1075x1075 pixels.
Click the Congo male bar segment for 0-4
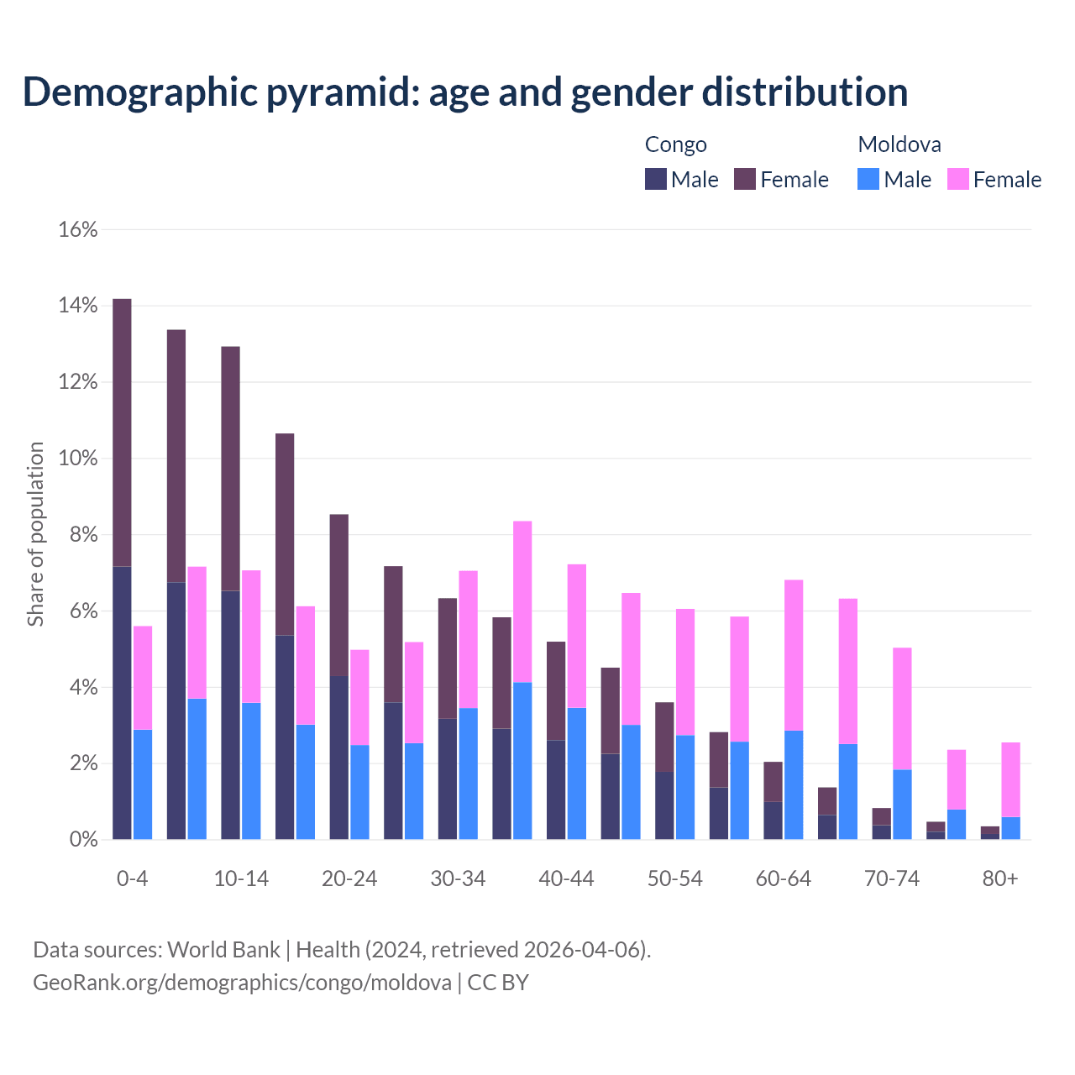click(x=122, y=703)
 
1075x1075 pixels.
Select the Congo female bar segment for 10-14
click(x=230, y=469)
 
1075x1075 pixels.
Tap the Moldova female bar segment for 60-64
click(x=794, y=655)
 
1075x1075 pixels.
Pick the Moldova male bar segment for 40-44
click(x=577, y=773)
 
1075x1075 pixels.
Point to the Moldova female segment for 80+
click(x=1010, y=779)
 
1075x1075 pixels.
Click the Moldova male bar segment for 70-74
click(x=902, y=805)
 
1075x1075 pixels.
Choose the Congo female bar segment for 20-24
click(x=338, y=595)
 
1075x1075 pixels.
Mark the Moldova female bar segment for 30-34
click(x=469, y=639)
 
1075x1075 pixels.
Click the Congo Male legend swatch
click(x=655, y=179)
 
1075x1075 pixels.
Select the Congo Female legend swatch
click(x=745, y=179)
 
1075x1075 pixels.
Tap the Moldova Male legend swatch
click(x=868, y=179)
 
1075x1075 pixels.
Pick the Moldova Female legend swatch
click(x=957, y=179)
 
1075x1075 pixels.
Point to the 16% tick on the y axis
click(x=78, y=229)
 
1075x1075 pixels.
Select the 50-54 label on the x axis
click(x=675, y=878)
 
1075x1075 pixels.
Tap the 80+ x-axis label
click(x=1000, y=878)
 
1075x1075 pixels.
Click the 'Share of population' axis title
click(x=35, y=534)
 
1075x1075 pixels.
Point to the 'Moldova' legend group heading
click(x=899, y=144)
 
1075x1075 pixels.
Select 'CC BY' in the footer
click(x=498, y=982)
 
